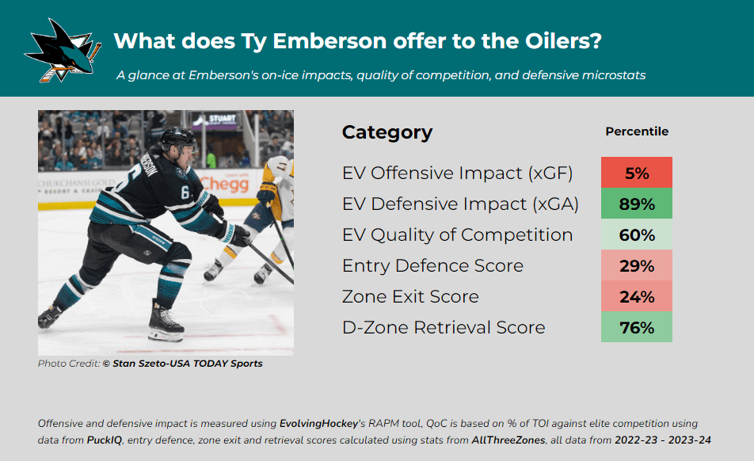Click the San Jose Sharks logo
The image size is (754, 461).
(x=63, y=51)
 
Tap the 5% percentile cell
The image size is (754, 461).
(x=636, y=173)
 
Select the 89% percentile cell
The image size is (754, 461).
(x=636, y=204)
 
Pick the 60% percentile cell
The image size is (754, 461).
(x=636, y=234)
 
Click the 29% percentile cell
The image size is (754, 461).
(x=636, y=265)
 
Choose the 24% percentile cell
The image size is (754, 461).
(x=636, y=295)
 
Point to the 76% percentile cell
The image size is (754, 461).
(x=636, y=327)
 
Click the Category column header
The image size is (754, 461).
(x=387, y=132)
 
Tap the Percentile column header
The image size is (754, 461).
(x=637, y=131)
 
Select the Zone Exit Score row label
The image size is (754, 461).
(x=410, y=296)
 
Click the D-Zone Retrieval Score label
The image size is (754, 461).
(x=444, y=327)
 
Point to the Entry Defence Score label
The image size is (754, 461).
(x=432, y=266)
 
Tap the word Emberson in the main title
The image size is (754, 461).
(x=329, y=41)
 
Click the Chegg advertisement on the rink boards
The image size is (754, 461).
(x=224, y=184)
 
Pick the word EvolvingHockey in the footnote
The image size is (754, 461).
(x=319, y=424)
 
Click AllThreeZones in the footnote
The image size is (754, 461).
(x=508, y=440)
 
